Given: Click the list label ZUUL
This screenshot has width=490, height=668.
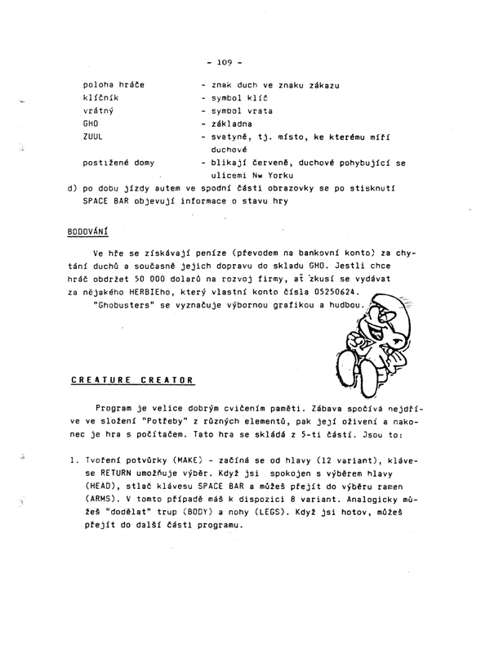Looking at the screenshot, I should (92, 137).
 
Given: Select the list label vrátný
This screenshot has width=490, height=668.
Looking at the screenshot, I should (96, 110).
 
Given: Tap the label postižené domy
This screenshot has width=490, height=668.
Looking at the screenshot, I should (118, 163).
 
